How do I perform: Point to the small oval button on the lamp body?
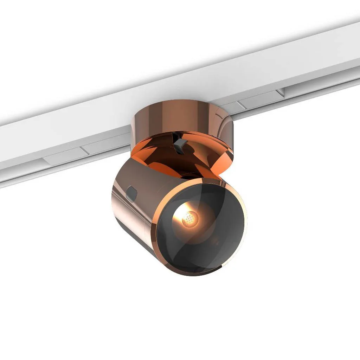pyautogui.click(x=131, y=193)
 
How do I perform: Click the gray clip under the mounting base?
pyautogui.click(x=180, y=144)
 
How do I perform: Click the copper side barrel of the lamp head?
pyautogui.click(x=141, y=211)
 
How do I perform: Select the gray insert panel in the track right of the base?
pyautogui.click(x=260, y=100)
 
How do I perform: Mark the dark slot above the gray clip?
pyautogui.click(x=175, y=135)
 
